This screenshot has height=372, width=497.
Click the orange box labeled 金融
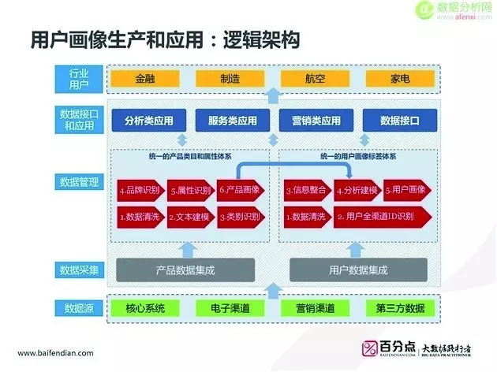click(144, 80)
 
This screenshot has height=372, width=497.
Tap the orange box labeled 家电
click(398, 80)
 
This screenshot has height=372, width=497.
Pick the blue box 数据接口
click(398, 121)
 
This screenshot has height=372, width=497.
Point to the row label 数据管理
click(79, 182)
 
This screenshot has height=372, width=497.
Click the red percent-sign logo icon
click(370, 348)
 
